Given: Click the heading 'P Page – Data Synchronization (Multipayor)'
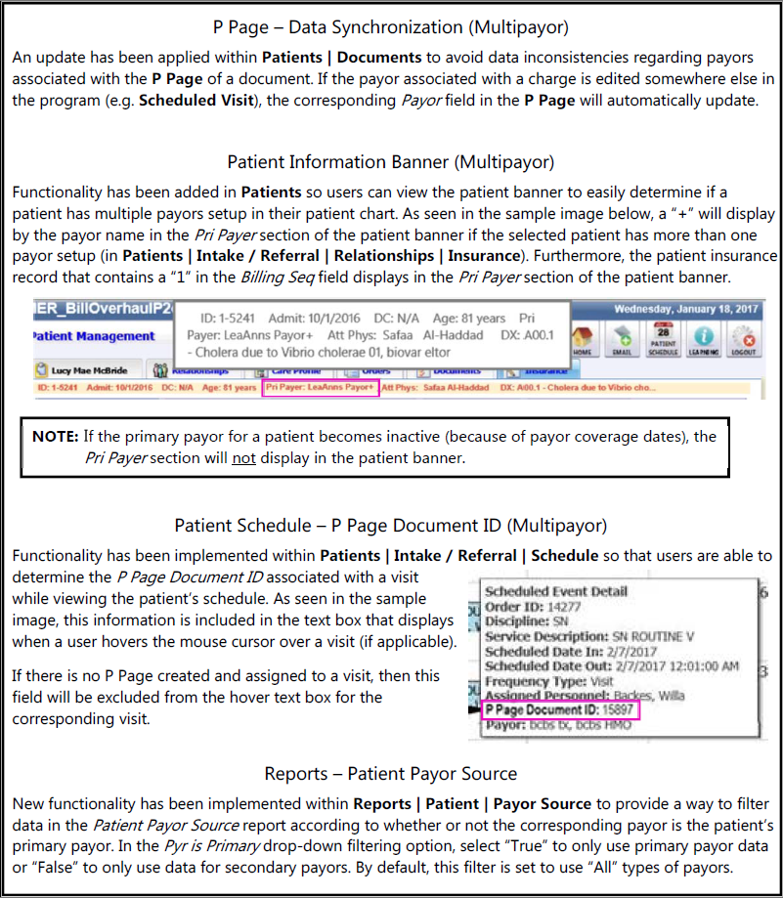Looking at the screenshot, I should [391, 26].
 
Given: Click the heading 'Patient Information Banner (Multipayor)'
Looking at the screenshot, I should [391, 161].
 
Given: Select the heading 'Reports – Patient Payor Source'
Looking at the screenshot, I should [391, 774].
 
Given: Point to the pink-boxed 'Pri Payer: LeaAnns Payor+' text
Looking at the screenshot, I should [320, 388].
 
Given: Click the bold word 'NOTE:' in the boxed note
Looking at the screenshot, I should [56, 436].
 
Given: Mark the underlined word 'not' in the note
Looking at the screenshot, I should [243, 456].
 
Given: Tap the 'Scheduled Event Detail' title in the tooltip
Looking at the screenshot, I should [556, 591].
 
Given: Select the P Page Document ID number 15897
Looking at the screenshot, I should [611, 711].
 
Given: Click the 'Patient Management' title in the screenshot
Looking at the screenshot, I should [94, 336].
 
